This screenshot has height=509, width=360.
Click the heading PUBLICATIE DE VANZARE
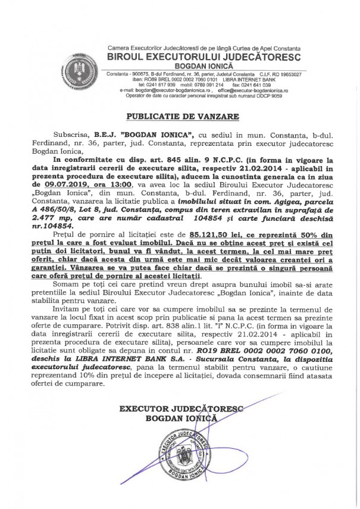click(x=180, y=115)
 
